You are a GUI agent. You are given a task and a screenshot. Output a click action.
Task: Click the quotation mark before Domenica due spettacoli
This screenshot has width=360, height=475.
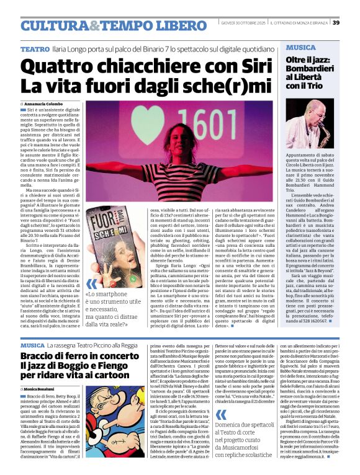pyautogui.click(x=212, y=408)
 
